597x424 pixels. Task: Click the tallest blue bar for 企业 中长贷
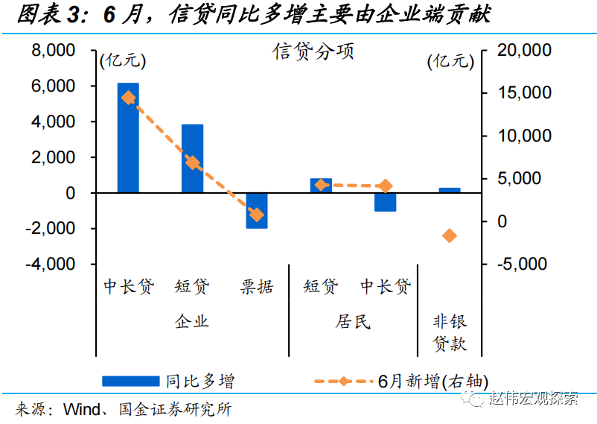[x=128, y=138]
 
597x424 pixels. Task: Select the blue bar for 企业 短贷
[x=192, y=159]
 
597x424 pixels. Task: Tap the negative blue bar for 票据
[x=257, y=210]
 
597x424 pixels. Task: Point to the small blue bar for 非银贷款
[x=450, y=190]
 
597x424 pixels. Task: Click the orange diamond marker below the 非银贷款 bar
[x=450, y=235]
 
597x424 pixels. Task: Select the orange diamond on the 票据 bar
[x=257, y=215]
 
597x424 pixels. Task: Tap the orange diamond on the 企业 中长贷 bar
[x=128, y=98]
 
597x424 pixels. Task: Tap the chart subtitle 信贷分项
[x=313, y=51]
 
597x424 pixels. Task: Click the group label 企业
[x=192, y=321]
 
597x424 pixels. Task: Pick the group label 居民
[x=353, y=321]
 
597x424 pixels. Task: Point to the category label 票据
[x=257, y=286]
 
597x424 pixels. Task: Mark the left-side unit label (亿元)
[x=123, y=61]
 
